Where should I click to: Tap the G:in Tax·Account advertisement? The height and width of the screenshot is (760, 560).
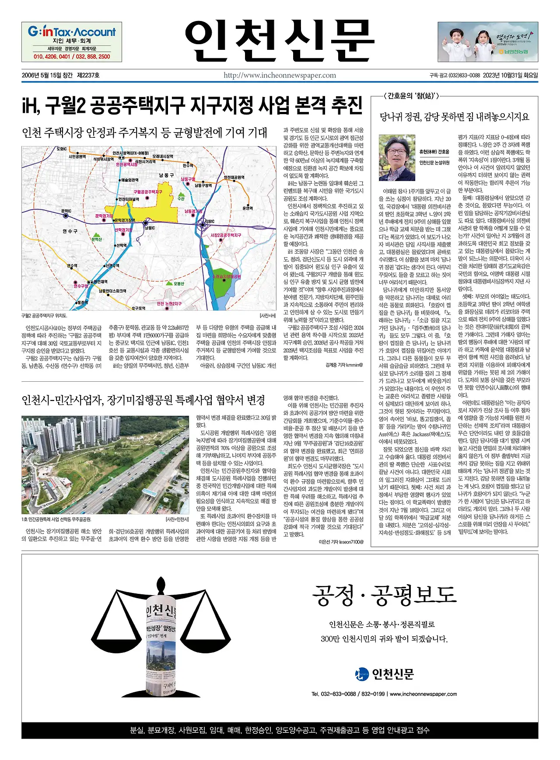click(x=72, y=42)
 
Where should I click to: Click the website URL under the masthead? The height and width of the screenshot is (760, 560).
click(x=280, y=75)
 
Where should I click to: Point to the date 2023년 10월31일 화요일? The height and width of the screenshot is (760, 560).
click(x=510, y=75)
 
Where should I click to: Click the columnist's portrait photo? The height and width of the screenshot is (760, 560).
click(x=397, y=157)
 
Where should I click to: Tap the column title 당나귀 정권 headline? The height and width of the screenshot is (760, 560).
click(x=455, y=117)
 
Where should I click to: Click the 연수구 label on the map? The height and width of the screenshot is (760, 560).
click(x=70, y=231)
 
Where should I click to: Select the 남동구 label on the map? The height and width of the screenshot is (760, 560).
click(x=166, y=175)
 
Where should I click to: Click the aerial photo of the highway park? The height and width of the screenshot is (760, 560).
click(x=105, y=465)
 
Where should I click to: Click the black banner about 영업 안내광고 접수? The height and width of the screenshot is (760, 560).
click(x=280, y=730)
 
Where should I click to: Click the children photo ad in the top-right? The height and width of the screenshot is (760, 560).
click(x=488, y=42)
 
